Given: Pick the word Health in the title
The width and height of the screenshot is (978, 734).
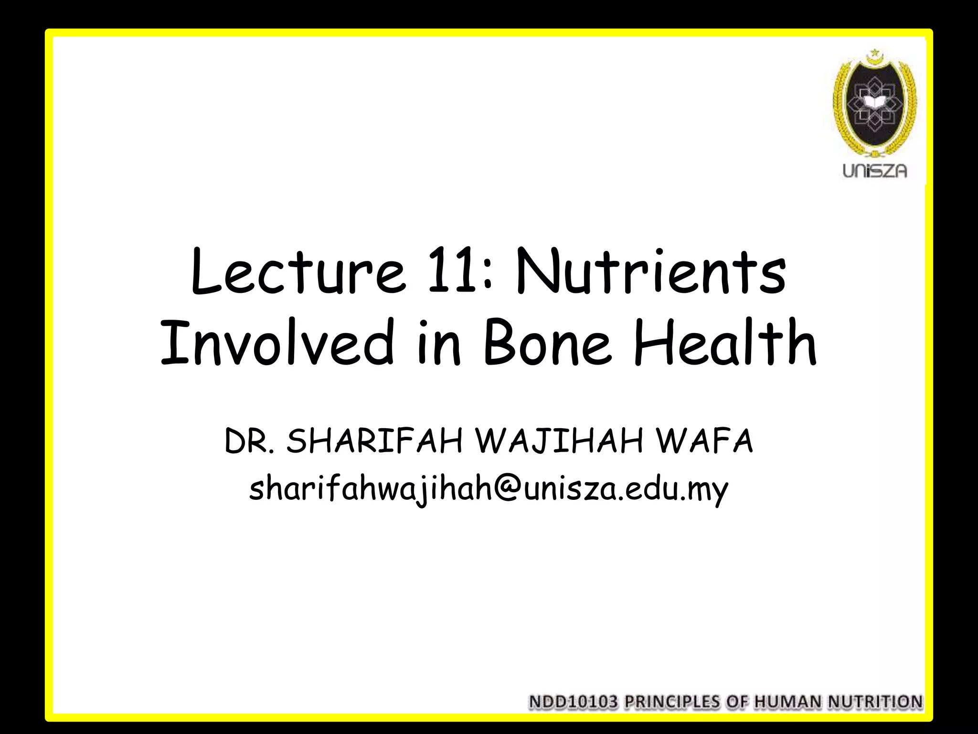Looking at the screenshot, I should point(725,342).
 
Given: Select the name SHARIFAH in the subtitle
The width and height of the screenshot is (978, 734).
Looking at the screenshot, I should point(374,442).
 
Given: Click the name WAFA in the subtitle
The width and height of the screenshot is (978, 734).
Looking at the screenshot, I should point(704,442).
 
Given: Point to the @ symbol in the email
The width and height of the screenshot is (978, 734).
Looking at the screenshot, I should point(508,489).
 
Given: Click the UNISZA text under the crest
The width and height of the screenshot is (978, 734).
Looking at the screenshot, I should point(874,171).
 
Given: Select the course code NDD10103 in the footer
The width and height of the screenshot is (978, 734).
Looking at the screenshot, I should point(574,702).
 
